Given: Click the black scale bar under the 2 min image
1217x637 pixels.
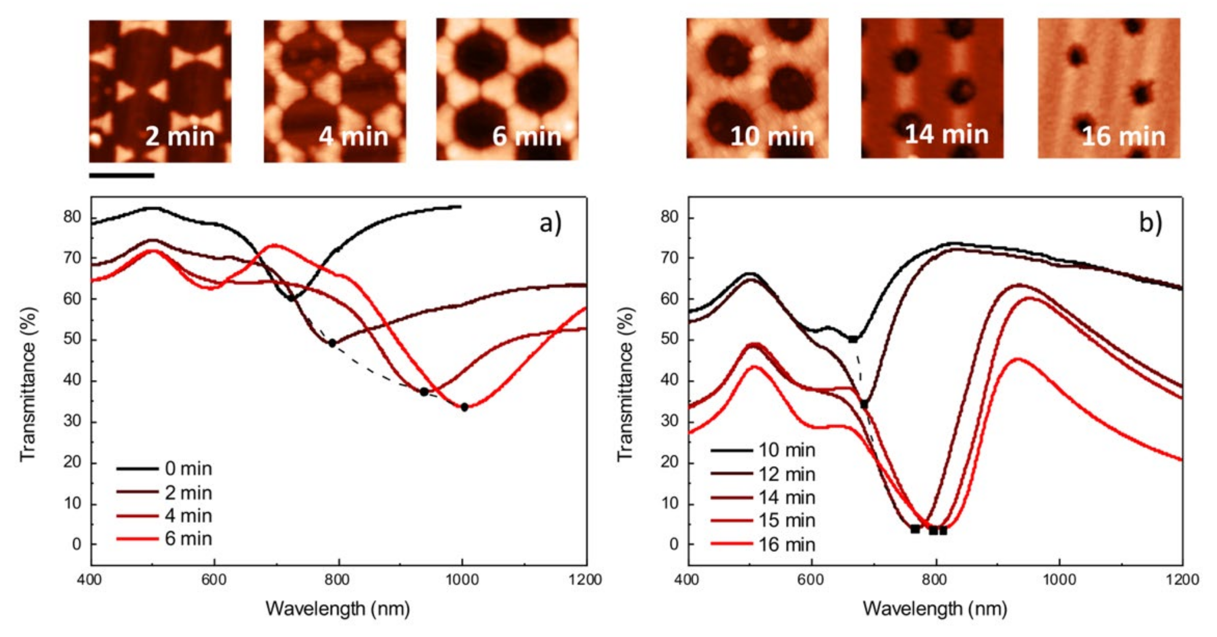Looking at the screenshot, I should (122, 175).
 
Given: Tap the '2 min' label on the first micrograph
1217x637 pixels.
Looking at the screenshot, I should (179, 136).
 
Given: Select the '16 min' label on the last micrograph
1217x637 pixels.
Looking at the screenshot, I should (1123, 136).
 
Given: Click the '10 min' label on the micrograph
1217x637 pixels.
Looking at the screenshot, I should (772, 136).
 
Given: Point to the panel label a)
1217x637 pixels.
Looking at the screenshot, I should (550, 223).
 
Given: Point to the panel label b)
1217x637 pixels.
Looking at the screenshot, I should (1150, 223).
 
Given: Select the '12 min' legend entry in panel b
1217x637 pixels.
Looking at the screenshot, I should (787, 474).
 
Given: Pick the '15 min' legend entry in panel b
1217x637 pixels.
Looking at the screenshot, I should (787, 520).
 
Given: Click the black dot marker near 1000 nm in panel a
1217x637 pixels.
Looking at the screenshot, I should (464, 407).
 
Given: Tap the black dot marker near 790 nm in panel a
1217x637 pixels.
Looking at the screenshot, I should (332, 343).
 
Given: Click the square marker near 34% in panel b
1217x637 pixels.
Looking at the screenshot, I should (864, 404).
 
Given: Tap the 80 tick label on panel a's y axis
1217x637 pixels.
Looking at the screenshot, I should (72, 217).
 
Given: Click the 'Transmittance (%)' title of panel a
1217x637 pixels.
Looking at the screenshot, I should (28, 384).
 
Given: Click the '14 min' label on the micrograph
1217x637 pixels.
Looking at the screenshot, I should (946, 135).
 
